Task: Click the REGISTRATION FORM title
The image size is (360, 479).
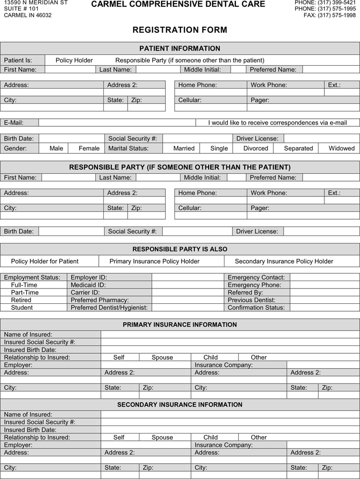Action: pyautogui.click(x=180, y=30)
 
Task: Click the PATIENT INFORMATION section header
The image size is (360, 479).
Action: pyautogui.click(x=180, y=48)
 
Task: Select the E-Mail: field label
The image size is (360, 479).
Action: pyautogui.click(x=14, y=123)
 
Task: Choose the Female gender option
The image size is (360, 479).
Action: pyautogui.click(x=89, y=148)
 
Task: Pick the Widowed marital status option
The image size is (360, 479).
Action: pyautogui.click(x=342, y=148)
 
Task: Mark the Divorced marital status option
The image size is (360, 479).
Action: pyautogui.click(x=256, y=148)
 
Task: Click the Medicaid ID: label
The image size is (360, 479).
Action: pyautogui.click(x=88, y=285)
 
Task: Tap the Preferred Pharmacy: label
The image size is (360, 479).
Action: pyautogui.click(x=99, y=300)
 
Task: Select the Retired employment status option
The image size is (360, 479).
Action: pyautogui.click(x=21, y=300)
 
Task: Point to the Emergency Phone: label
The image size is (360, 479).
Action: pyautogui.click(x=254, y=285)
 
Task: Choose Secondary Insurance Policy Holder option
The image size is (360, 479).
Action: pyautogui.click(x=284, y=261)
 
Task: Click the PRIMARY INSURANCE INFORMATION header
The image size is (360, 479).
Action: pyautogui.click(x=180, y=325)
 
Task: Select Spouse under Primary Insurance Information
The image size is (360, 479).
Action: pyautogui.click(x=162, y=357)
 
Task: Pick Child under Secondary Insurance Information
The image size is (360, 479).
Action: pyautogui.click(x=210, y=437)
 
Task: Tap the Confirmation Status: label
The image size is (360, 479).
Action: pyautogui.click(x=256, y=307)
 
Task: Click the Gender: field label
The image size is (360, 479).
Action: pyautogui.click(x=15, y=148)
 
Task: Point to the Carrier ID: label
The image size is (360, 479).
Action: pyautogui.click(x=85, y=292)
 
